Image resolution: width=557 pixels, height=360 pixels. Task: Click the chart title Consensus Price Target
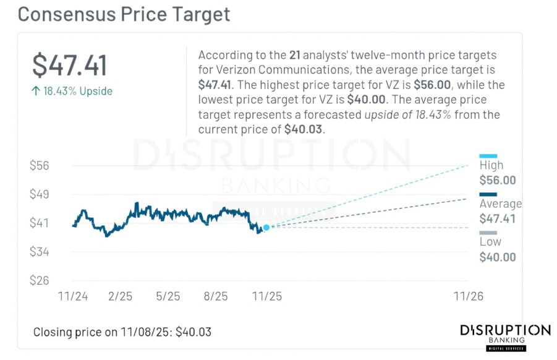point(124,14)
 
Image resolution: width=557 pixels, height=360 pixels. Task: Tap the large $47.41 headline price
point(70,66)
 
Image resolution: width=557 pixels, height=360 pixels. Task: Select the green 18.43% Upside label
point(72,92)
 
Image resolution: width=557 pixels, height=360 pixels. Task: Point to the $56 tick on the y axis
point(39,166)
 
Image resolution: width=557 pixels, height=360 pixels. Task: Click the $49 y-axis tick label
point(39,194)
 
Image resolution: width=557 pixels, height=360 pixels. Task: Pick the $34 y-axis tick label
point(39,252)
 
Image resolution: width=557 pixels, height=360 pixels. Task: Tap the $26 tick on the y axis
point(39,280)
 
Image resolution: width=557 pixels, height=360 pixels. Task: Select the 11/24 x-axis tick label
point(72,296)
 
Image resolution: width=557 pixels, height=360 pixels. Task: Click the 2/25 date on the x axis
point(120,296)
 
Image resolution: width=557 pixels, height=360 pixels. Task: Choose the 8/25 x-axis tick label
point(215,296)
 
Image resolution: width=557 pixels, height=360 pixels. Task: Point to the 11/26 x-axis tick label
point(468,296)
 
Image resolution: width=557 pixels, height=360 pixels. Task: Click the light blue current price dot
point(266,228)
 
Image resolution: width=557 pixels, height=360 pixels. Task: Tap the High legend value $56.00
point(497,181)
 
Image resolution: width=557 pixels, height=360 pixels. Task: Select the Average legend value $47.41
point(497,218)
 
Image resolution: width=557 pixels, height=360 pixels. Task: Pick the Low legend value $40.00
point(497,257)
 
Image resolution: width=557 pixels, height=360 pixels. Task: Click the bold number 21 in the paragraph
point(296,56)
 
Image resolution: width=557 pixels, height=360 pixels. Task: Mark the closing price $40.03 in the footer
point(193,332)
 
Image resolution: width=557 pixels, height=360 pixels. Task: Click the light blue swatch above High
point(488,156)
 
